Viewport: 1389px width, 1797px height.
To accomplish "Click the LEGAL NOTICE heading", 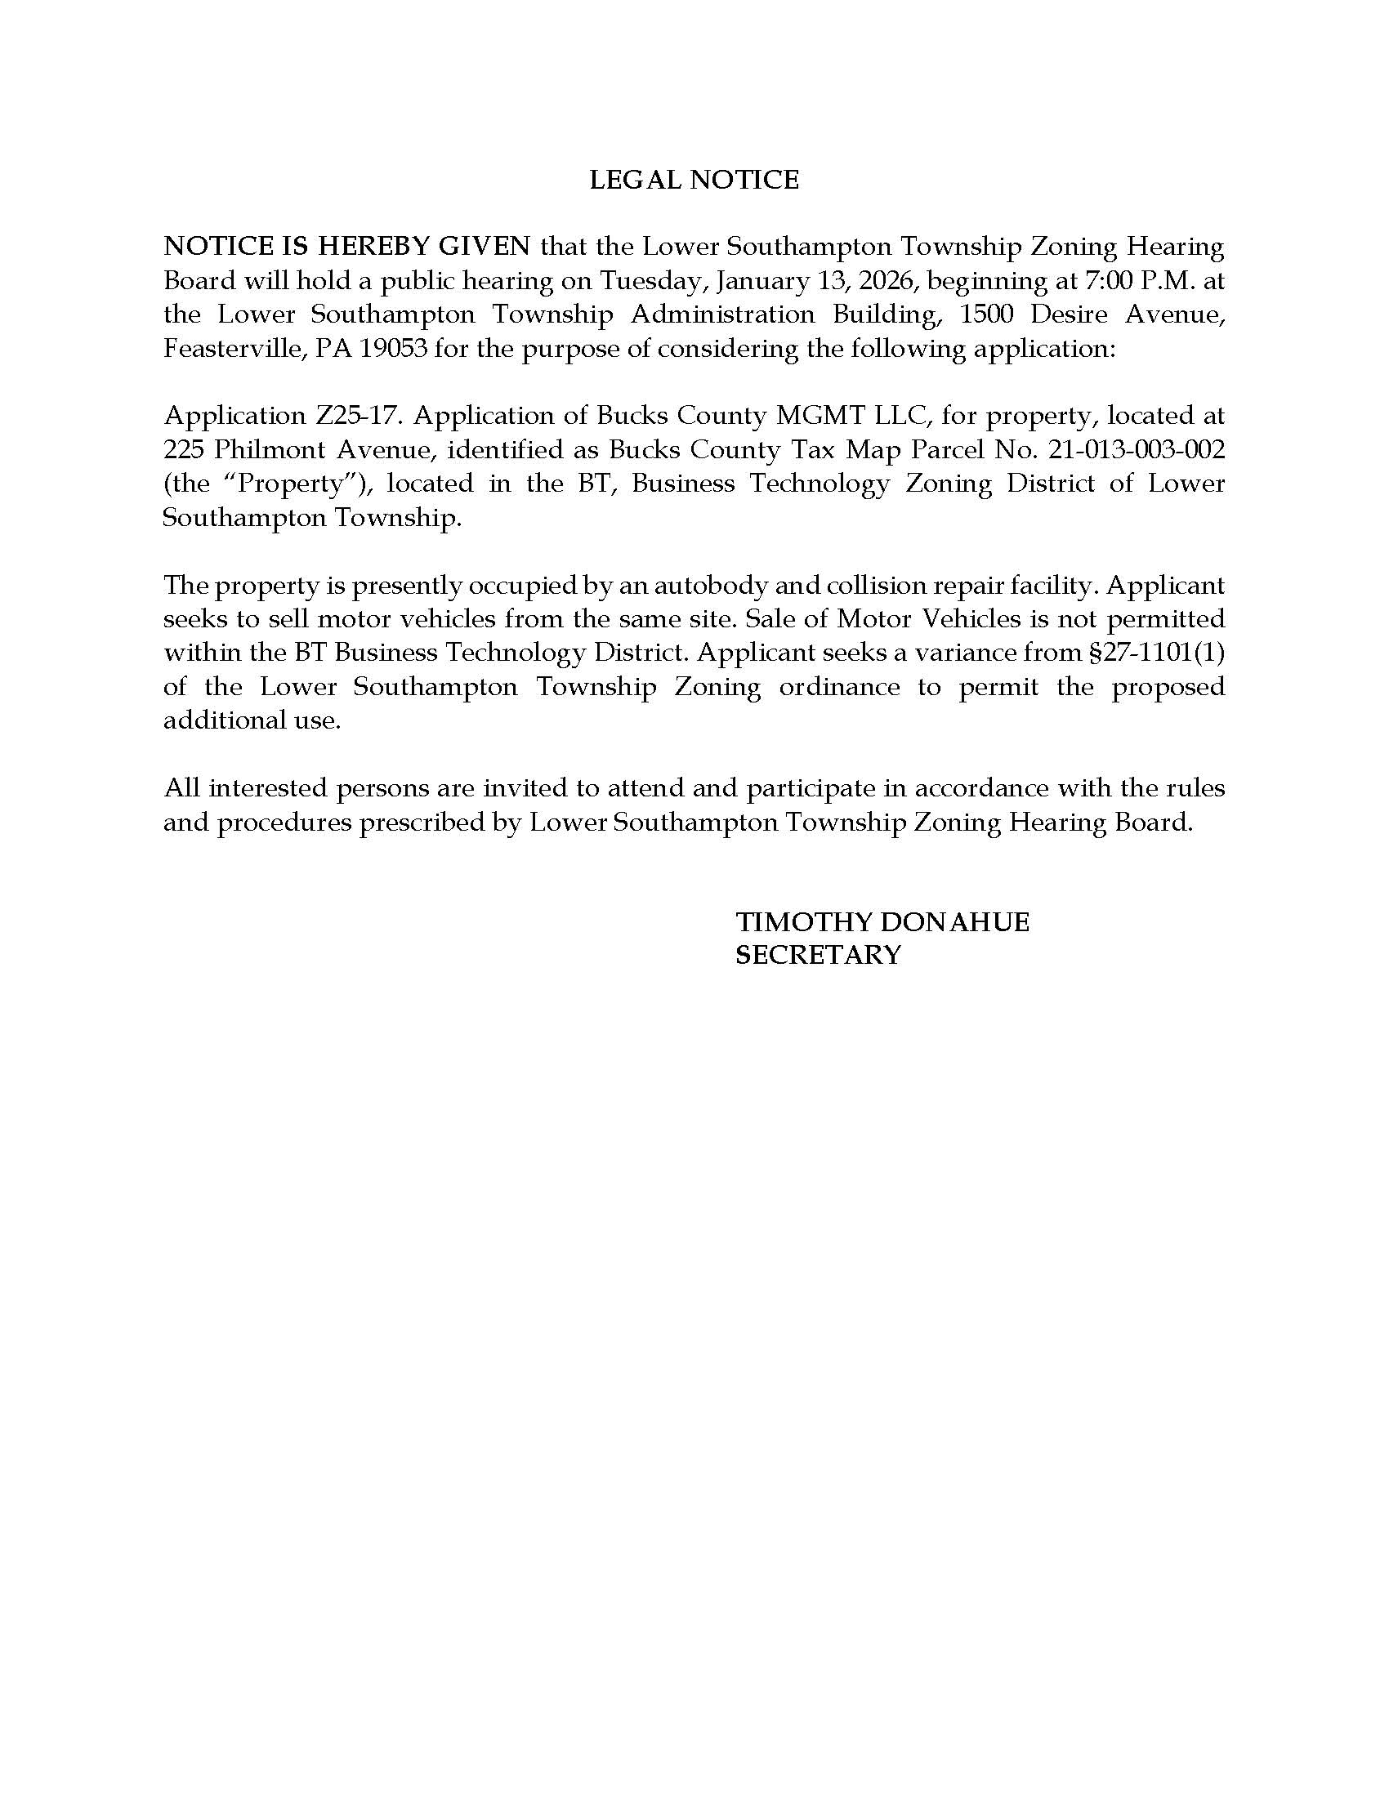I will tap(694, 180).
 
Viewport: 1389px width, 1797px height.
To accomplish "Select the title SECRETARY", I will tap(818, 954).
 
